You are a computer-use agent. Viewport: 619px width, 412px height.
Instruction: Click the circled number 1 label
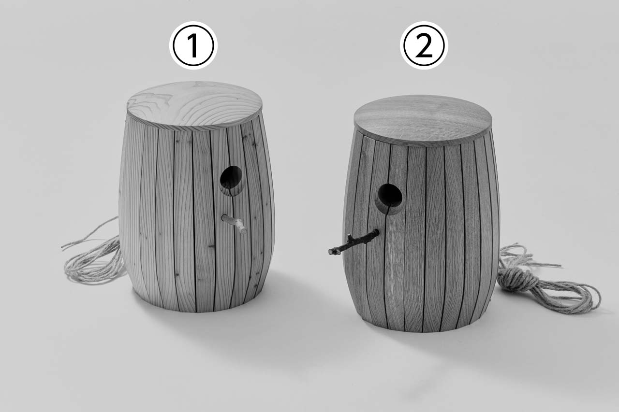(193, 45)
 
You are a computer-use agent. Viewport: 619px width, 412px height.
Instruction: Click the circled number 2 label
(424, 45)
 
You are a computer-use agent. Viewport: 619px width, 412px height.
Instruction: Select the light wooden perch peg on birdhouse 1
(234, 224)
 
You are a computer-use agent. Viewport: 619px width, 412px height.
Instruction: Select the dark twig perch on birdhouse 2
(354, 242)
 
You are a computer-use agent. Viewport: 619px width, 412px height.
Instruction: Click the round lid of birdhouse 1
(194, 105)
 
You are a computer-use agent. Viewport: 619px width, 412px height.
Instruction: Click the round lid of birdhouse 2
(423, 121)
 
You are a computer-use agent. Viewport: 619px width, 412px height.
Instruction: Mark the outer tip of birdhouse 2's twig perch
(331, 252)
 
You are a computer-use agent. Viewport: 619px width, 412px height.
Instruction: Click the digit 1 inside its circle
(193, 45)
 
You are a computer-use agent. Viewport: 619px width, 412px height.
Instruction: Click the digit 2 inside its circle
(424, 45)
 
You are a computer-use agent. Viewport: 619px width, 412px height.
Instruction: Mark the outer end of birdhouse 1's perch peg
(244, 231)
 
